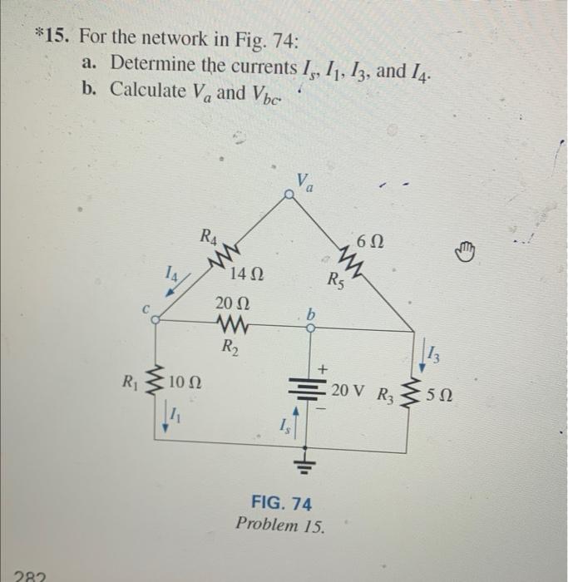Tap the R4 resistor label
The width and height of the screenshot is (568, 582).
209,234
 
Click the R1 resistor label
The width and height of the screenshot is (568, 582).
128,383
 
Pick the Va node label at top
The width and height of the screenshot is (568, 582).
305,179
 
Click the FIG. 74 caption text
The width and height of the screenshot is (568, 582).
280,503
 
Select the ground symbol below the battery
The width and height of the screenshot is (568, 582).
309,459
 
